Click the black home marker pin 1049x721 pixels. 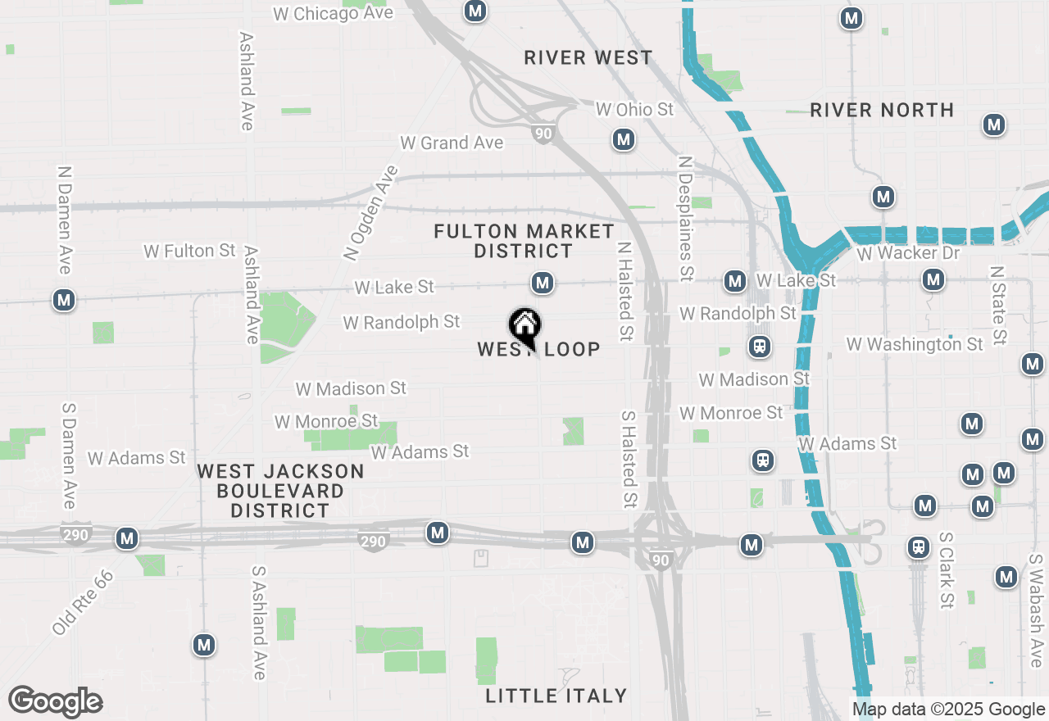click(524, 327)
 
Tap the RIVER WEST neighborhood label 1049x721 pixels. click(588, 58)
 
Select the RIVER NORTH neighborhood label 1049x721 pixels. click(882, 110)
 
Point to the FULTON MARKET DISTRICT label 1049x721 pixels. click(524, 241)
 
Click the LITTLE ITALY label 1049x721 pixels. click(556, 696)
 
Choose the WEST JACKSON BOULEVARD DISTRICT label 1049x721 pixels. click(280, 491)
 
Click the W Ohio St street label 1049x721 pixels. click(634, 109)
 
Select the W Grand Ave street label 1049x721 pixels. click(452, 143)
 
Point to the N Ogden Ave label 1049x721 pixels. click(371, 213)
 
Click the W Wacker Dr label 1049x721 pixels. click(908, 253)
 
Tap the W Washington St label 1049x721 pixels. click(915, 344)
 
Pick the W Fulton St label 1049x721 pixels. click(189, 251)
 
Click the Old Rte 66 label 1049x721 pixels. click(82, 602)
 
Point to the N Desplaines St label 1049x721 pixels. click(686, 216)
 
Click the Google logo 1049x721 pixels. click(56, 701)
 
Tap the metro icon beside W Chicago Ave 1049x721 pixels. click(475, 11)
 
